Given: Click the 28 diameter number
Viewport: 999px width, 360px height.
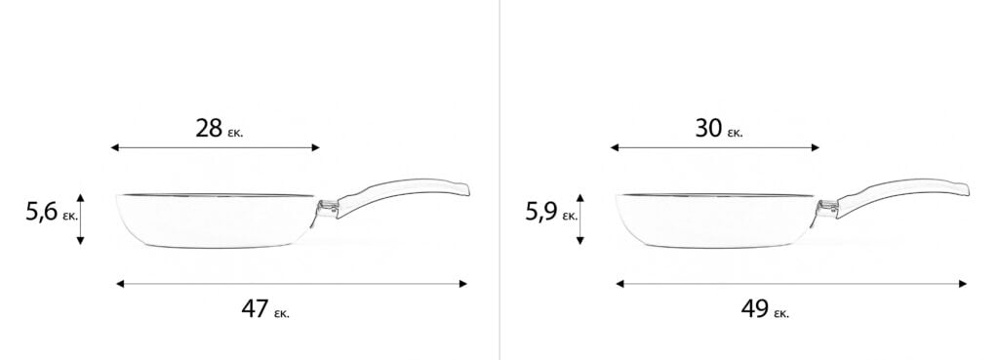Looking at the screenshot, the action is coord(209,129).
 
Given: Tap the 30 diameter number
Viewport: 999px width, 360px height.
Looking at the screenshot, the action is coord(708,129).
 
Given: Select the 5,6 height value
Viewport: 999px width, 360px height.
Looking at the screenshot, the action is coord(41,212).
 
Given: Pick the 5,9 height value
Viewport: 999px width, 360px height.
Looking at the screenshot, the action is coord(541,212).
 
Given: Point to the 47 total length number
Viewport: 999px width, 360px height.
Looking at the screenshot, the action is coord(255,309).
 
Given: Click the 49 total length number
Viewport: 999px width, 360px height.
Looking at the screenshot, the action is coord(755,309).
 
